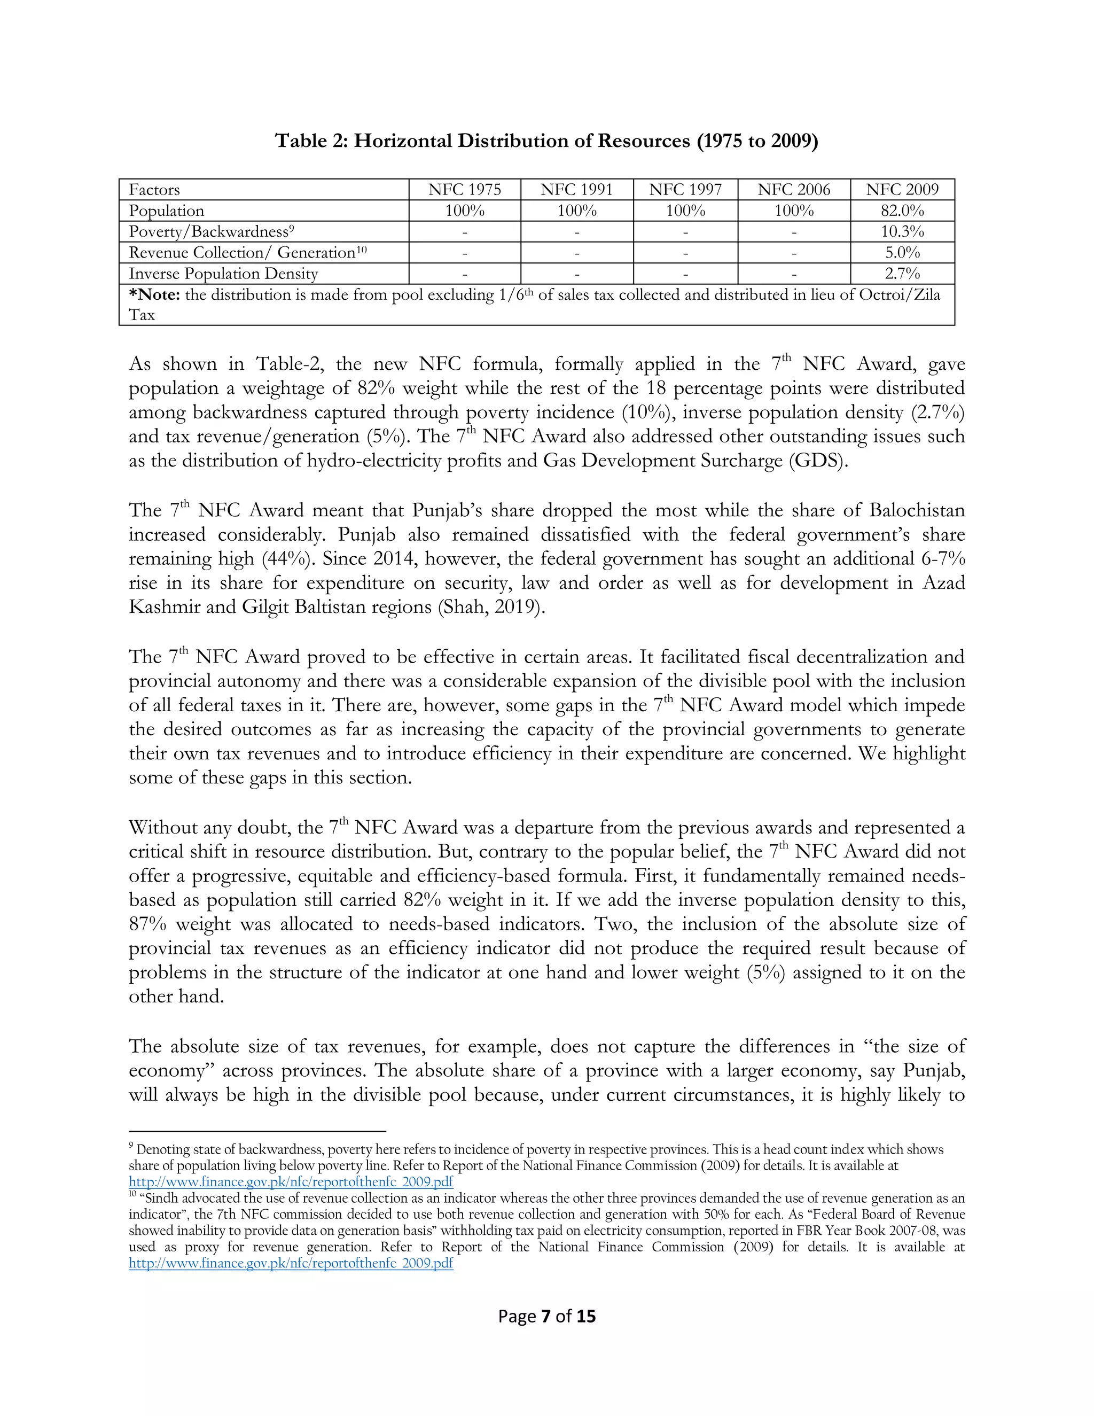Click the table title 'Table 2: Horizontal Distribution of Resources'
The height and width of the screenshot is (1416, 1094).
546,141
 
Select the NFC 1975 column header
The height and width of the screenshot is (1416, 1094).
465,189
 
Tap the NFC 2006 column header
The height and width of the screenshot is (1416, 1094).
794,189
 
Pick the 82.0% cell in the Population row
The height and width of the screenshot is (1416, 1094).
902,211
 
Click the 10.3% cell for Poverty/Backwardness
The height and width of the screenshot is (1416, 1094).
902,231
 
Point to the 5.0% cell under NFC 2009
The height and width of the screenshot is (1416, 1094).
902,253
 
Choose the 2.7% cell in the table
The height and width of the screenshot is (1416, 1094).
902,274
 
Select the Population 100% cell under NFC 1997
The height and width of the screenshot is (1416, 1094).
685,211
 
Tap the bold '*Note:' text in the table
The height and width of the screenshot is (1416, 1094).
155,295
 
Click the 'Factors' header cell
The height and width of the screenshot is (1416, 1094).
154,189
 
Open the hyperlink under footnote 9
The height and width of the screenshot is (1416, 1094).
291,1182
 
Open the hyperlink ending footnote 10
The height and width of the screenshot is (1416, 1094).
291,1263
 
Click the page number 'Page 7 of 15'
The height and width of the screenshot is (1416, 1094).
546,1316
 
